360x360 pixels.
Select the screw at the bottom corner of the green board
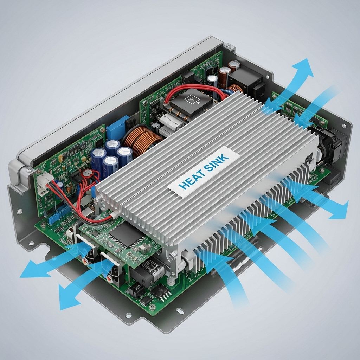[152, 307]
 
